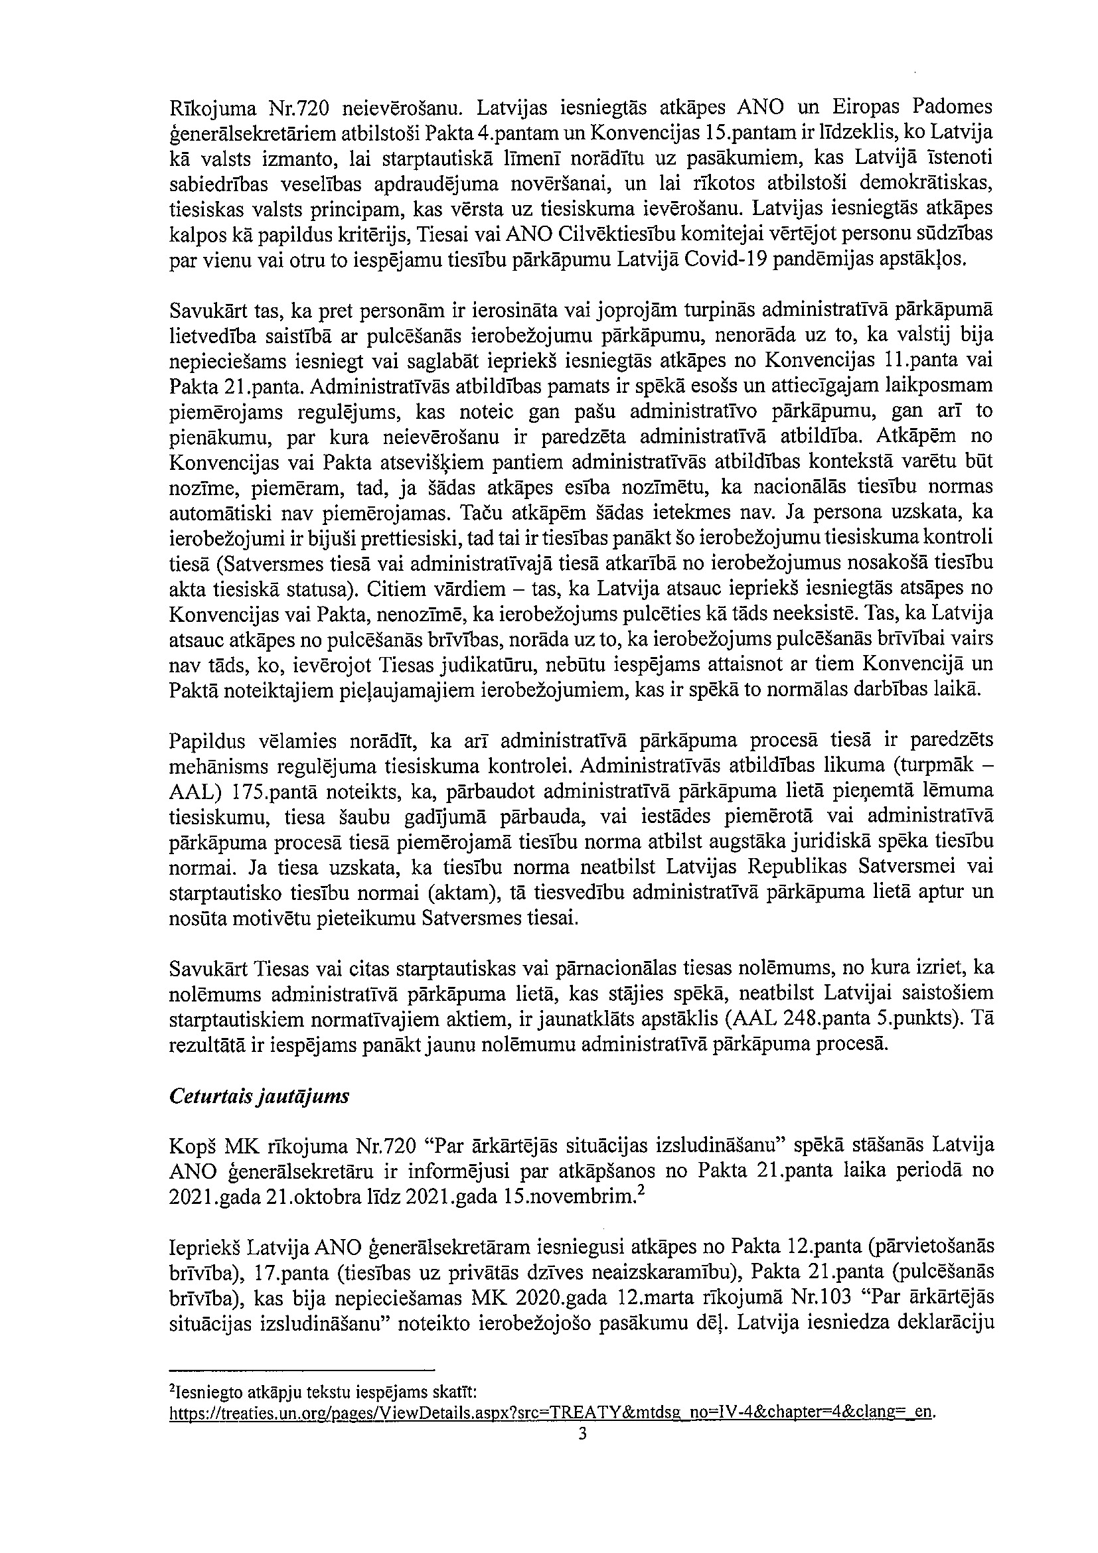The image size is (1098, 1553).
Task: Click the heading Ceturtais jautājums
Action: (258, 1096)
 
